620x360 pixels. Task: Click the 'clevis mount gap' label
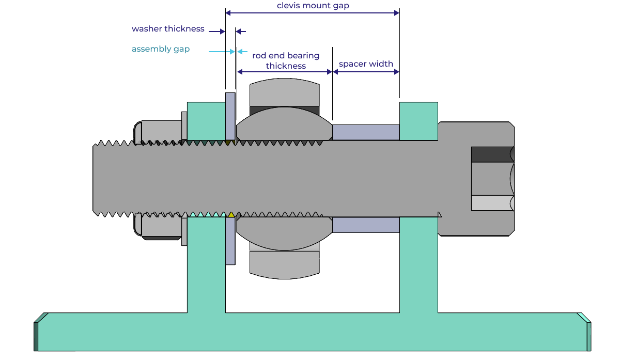[313, 6]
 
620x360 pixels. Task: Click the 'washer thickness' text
[168, 29]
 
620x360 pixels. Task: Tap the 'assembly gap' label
[160, 49]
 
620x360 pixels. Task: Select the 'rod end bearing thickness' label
[286, 60]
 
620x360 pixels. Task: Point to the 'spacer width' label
[366, 64]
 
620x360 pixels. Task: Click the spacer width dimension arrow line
[366, 72]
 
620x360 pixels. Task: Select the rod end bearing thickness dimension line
[284, 72]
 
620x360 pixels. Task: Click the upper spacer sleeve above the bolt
[365, 132]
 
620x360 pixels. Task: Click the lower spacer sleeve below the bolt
[365, 225]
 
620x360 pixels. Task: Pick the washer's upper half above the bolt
[230, 116]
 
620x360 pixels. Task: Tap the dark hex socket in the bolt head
[491, 154]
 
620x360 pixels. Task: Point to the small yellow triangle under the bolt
[231, 214]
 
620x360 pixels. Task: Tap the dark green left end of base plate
[36, 336]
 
